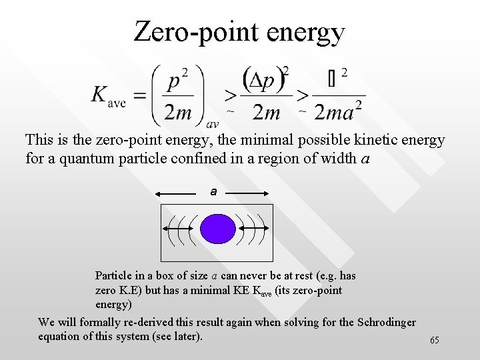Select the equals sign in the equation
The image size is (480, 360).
tap(140, 95)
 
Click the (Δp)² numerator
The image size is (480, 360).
tap(267, 80)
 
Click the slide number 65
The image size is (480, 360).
tap(435, 341)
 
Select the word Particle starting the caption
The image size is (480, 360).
tap(115, 275)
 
